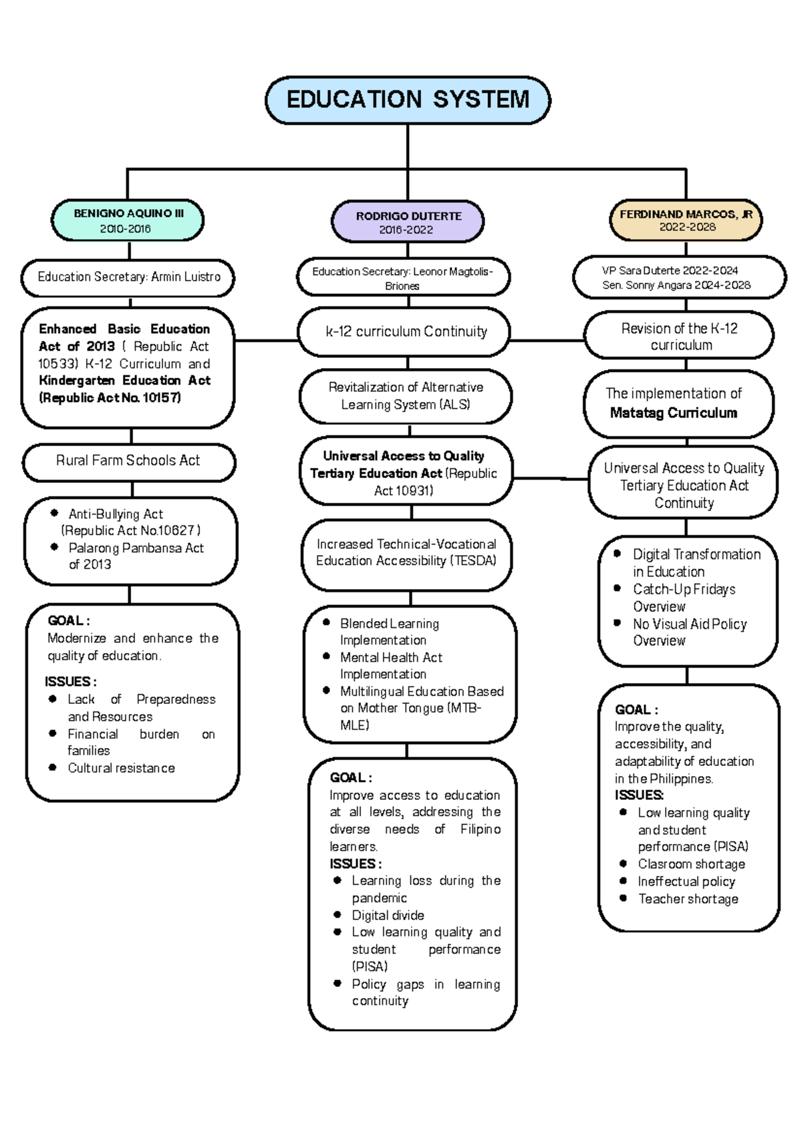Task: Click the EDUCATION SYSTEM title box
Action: tap(408, 100)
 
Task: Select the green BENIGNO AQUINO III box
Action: tap(128, 220)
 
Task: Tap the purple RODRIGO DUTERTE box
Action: tap(408, 222)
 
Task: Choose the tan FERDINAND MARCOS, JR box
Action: tap(686, 220)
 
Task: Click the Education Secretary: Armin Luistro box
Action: tap(128, 277)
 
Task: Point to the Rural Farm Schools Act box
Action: tap(128, 461)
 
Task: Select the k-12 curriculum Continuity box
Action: tap(406, 332)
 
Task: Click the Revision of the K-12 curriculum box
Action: tap(679, 336)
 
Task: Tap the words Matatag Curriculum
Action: tap(673, 413)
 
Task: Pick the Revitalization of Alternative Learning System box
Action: tap(406, 396)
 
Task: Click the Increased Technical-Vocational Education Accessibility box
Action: tap(406, 553)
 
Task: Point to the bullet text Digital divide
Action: tap(388, 916)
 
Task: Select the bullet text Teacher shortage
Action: tap(688, 900)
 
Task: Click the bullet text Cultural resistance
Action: tap(121, 769)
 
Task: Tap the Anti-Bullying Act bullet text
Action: tap(116, 514)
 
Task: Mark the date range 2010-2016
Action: tap(125, 229)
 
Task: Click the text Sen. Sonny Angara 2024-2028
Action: tap(676, 285)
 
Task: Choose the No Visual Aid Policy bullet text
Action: tap(690, 624)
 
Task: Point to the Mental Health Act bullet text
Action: tap(391, 658)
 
